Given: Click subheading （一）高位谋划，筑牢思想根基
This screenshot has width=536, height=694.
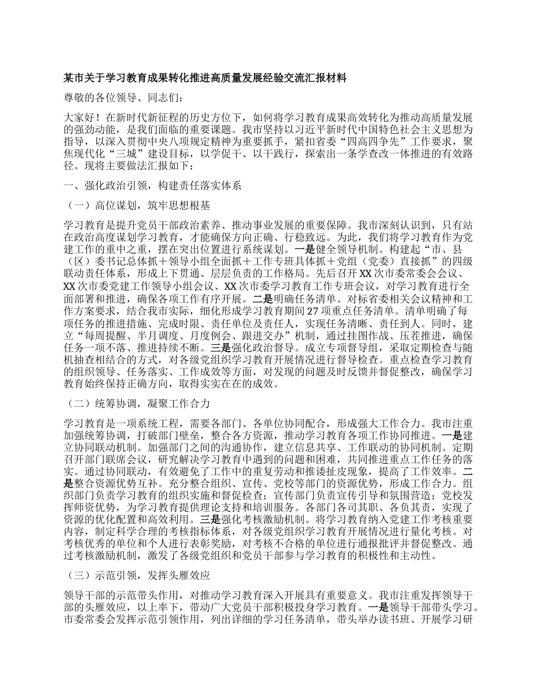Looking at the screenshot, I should pos(135,205).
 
